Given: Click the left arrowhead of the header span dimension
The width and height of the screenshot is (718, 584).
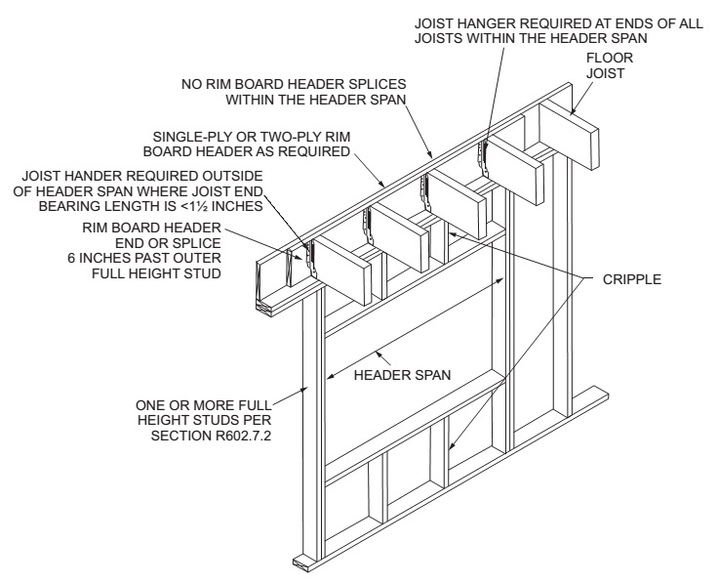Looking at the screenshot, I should [332, 374].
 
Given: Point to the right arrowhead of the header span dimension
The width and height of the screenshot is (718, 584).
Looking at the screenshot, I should [501, 280].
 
